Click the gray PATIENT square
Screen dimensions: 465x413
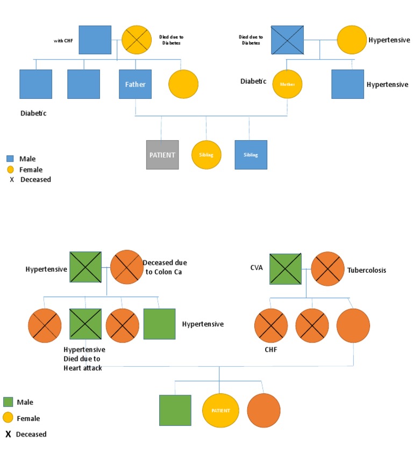click(162, 155)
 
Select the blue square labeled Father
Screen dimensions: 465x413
click(135, 84)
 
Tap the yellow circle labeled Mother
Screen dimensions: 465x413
click(287, 84)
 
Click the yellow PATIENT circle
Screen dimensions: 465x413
click(220, 411)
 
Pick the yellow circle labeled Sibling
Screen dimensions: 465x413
click(206, 155)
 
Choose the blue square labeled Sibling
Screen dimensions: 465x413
click(251, 155)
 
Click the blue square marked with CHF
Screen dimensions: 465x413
click(95, 40)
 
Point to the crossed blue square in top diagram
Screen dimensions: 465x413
click(287, 40)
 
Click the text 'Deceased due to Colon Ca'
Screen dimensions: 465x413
click(165, 267)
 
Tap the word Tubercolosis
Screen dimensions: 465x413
click(367, 270)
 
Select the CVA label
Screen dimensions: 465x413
click(257, 267)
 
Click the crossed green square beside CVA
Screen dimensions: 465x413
click(285, 268)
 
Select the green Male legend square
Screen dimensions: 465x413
click(8, 402)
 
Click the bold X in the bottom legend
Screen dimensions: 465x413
click(8, 434)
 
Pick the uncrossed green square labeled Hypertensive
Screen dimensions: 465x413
click(159, 324)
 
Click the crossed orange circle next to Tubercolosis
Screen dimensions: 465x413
click(327, 268)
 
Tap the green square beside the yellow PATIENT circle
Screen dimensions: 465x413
click(175, 411)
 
